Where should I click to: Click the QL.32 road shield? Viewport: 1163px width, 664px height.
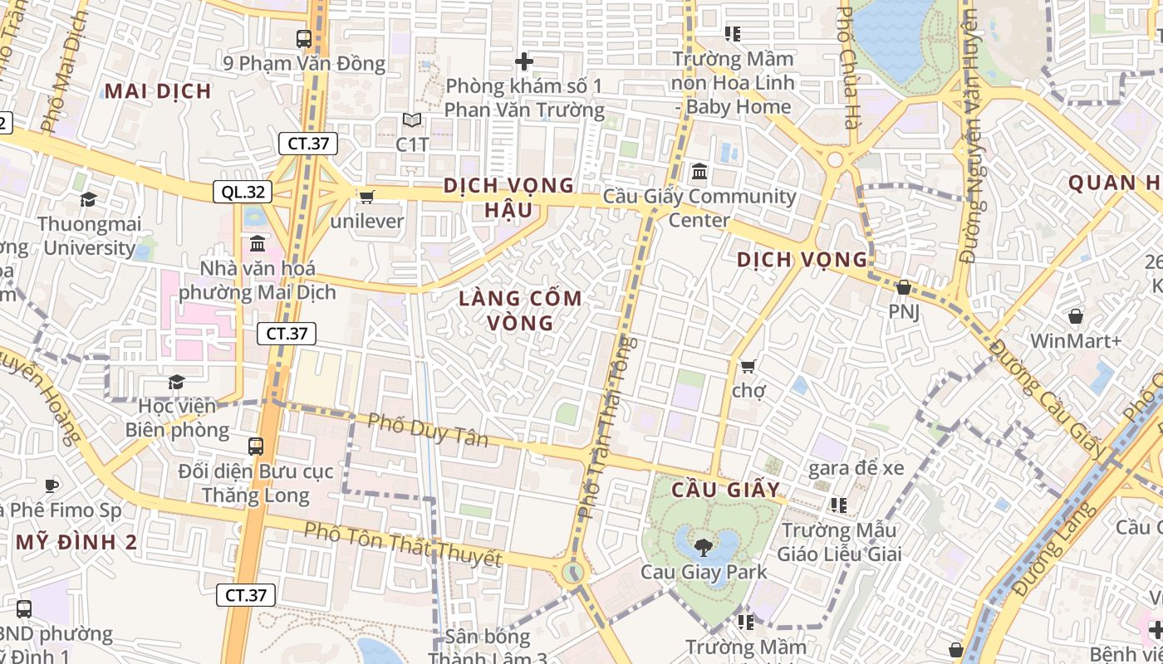point(243,193)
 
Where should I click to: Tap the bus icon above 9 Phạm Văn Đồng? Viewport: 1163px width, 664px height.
point(304,38)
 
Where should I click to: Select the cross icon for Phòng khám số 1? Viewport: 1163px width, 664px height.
point(524,61)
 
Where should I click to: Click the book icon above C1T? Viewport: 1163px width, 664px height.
point(412,120)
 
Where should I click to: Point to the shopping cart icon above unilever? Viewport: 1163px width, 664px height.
point(366,197)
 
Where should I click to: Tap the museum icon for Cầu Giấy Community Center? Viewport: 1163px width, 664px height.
point(699,172)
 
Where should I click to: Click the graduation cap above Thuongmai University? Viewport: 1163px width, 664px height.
point(88,199)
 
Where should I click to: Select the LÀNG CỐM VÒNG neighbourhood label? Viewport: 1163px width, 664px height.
point(521,310)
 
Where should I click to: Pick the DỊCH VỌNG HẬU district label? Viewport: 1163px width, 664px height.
point(509,197)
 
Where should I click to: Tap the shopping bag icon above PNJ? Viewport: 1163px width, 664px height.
point(904,287)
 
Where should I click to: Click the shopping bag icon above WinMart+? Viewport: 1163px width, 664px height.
point(1076,316)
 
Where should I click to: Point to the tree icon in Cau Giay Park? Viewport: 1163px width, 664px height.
point(704,547)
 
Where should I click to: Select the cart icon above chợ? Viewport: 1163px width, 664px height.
point(748,366)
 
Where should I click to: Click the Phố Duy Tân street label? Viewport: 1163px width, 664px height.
point(428,430)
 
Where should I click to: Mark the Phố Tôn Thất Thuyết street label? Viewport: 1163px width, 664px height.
point(403,544)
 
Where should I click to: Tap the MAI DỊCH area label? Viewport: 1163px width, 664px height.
point(158,91)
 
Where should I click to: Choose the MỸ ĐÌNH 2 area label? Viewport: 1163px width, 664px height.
point(76,543)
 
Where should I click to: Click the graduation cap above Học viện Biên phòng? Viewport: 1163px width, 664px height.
point(176,382)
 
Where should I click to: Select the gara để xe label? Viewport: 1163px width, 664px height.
point(856,468)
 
